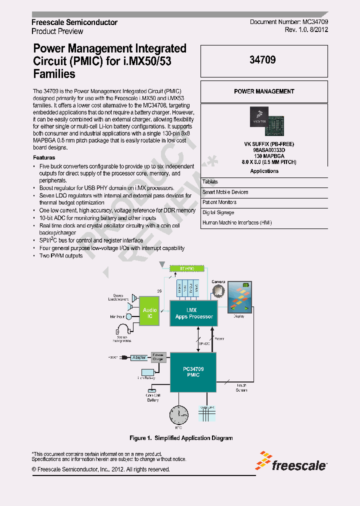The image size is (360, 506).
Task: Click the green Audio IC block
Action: (x=149, y=313)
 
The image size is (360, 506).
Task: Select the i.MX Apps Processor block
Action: (x=193, y=313)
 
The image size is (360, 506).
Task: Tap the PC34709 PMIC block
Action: (x=193, y=372)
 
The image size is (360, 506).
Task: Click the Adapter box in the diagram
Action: (x=138, y=357)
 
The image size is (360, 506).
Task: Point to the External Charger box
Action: (x=158, y=356)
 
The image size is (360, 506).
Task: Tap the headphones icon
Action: (x=122, y=329)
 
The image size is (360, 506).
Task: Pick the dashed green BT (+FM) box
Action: (x=183, y=268)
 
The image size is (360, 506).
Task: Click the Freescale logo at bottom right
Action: (x=292, y=462)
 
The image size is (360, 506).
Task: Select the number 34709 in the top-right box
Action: (x=263, y=59)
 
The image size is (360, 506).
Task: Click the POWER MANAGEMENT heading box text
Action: (x=264, y=91)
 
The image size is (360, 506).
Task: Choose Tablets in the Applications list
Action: (x=210, y=182)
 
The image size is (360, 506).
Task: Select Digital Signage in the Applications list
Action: (x=219, y=212)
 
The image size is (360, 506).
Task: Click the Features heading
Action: (x=44, y=158)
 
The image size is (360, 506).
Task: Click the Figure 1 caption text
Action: (x=181, y=438)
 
